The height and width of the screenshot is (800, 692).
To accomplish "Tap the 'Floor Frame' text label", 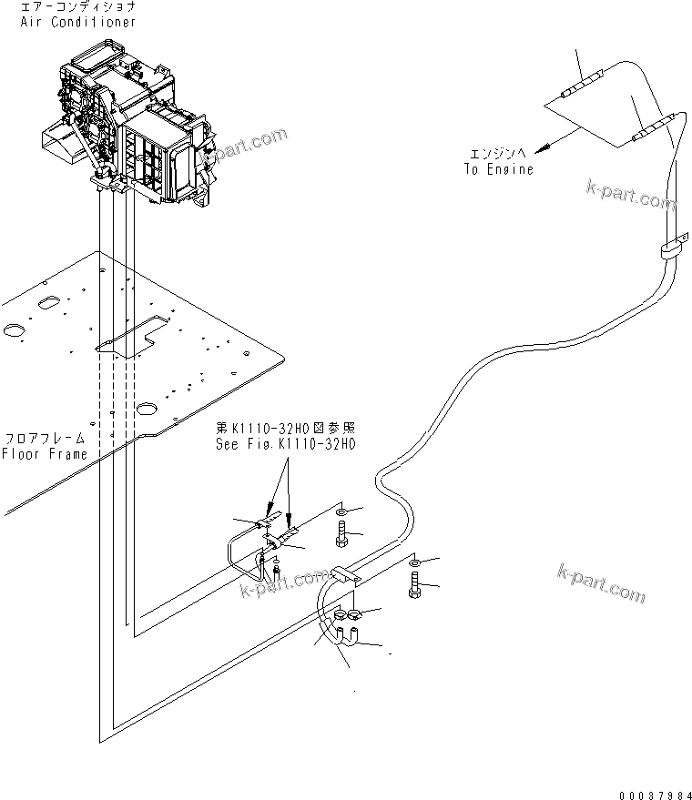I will [x=45, y=454].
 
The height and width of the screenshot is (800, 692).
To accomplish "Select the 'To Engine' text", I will [x=499, y=169].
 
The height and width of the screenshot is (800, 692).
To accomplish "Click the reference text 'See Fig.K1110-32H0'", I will [x=285, y=445].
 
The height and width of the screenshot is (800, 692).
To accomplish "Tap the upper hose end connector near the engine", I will [x=579, y=86].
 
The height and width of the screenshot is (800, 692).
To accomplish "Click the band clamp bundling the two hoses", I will [x=670, y=248].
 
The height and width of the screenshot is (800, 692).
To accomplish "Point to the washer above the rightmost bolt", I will [x=414, y=565].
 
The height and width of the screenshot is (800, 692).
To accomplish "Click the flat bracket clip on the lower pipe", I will [x=346, y=574].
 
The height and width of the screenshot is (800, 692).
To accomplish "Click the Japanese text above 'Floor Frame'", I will [x=45, y=437].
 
